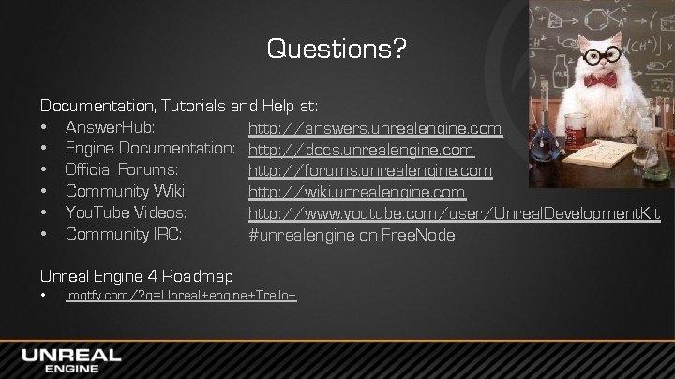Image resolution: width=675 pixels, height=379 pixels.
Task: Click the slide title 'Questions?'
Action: (x=337, y=48)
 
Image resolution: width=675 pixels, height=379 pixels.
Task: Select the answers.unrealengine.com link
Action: (x=375, y=127)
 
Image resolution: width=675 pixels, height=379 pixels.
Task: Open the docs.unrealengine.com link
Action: (x=361, y=149)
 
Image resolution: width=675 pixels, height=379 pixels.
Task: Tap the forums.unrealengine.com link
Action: (x=369, y=170)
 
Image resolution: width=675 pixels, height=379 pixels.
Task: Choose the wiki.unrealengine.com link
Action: (x=356, y=192)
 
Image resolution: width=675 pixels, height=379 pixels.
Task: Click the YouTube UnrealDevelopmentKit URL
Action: (x=454, y=213)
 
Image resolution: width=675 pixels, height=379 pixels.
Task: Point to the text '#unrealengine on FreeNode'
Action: (x=352, y=235)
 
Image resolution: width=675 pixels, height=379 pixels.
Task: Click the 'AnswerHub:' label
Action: (x=111, y=127)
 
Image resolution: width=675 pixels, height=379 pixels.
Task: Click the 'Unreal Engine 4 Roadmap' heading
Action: (x=137, y=275)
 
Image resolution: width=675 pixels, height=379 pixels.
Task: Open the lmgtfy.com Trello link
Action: (x=181, y=296)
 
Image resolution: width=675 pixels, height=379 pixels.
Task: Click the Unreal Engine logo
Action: (x=71, y=360)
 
